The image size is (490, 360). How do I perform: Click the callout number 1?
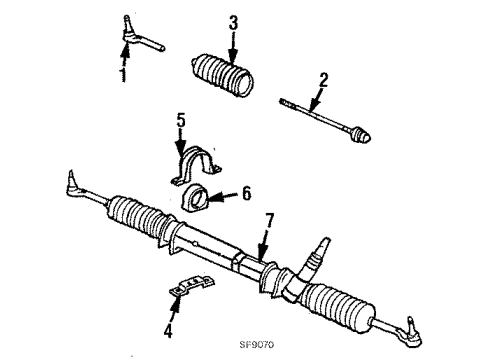point(124,75)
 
